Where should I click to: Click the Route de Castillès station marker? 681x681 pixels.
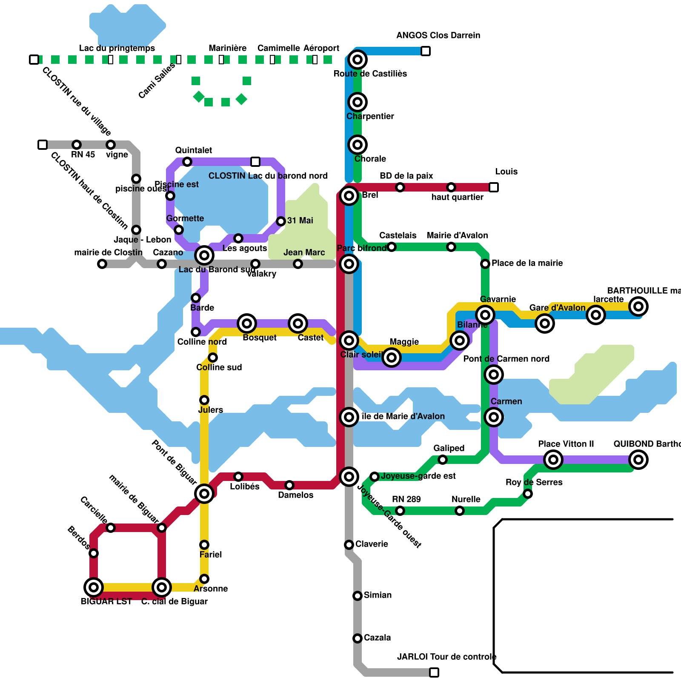[358, 60]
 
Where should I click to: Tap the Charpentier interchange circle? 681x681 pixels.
[358, 102]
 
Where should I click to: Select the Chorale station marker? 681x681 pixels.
[358, 145]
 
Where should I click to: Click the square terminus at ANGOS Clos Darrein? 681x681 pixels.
[426, 51]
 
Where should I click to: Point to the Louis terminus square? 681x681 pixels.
[494, 187]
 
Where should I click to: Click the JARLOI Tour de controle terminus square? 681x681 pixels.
[434, 672]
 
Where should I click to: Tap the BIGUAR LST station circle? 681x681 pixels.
[94, 587]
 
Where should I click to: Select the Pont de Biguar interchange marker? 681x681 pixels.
[204, 494]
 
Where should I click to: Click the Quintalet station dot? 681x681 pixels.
[187, 162]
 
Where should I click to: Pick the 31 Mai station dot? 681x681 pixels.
[281, 221]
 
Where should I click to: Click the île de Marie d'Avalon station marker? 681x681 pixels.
[349, 417]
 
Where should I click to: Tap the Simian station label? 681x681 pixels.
[378, 595]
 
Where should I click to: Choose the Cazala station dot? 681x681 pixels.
[358, 638]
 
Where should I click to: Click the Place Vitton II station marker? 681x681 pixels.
[553, 460]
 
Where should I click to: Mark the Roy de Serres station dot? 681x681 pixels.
[528, 494]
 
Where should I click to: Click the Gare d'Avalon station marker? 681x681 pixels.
[545, 323]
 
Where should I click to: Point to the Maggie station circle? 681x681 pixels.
[392, 358]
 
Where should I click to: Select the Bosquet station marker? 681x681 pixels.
[247, 323]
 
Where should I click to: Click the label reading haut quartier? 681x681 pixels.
[457, 197]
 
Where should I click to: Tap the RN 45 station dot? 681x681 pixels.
[77, 145]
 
